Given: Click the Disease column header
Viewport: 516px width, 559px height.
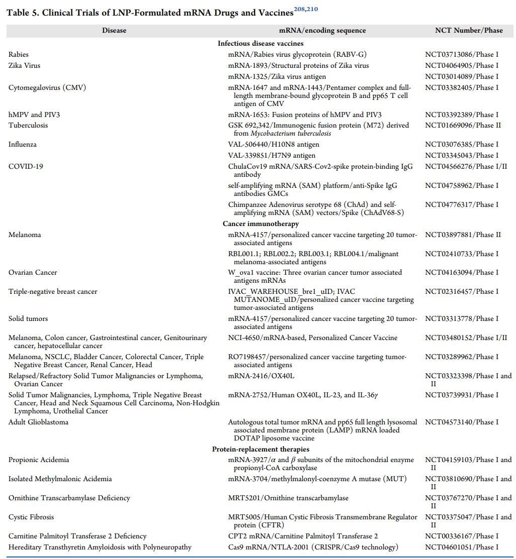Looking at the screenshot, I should (x=114, y=30).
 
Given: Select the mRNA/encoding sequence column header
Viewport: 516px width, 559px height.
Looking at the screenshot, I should (x=322, y=30).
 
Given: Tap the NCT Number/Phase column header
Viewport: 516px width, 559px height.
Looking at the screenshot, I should (x=469, y=30).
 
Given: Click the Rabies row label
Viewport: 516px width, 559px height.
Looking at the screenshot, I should (x=19, y=54).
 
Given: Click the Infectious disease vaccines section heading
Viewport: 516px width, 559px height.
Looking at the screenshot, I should (x=261, y=43).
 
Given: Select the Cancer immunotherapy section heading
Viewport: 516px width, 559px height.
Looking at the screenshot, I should (x=261, y=223).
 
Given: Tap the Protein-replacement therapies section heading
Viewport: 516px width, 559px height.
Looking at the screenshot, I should (x=261, y=449).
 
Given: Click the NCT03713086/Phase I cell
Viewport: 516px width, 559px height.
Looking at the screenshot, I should (x=462, y=54).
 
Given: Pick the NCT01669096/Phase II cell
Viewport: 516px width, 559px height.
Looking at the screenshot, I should (x=463, y=125).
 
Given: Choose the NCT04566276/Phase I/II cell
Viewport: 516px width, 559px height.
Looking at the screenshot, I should (x=466, y=166).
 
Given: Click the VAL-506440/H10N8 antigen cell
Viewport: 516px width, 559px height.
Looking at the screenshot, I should (x=274, y=144).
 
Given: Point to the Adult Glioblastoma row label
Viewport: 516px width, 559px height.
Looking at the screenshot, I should (x=38, y=422).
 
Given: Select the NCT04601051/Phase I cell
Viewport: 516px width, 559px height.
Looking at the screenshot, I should (x=462, y=547).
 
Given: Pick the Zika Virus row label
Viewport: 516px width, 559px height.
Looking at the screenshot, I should (x=24, y=65).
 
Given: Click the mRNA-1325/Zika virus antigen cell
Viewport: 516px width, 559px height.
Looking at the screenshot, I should (x=277, y=76).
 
